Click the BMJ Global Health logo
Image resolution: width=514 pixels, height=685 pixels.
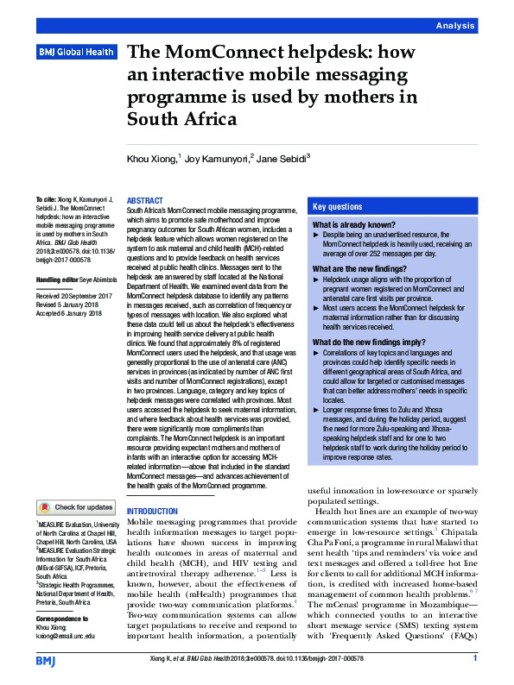(76, 53)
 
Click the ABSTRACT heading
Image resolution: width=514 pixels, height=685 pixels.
(144, 200)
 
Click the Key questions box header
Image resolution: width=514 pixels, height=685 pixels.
(338, 207)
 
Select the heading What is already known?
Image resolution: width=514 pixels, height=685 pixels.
(348, 225)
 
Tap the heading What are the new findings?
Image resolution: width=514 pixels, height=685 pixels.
(354, 269)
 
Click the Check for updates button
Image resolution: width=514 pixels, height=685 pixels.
(76, 507)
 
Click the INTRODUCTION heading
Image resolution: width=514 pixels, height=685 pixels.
(152, 512)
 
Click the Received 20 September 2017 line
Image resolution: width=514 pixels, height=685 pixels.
(75, 296)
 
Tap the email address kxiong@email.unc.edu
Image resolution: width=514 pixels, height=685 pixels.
(66, 636)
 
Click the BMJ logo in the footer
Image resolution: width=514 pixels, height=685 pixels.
(47, 661)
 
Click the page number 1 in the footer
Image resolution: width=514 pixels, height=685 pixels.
(475, 659)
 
